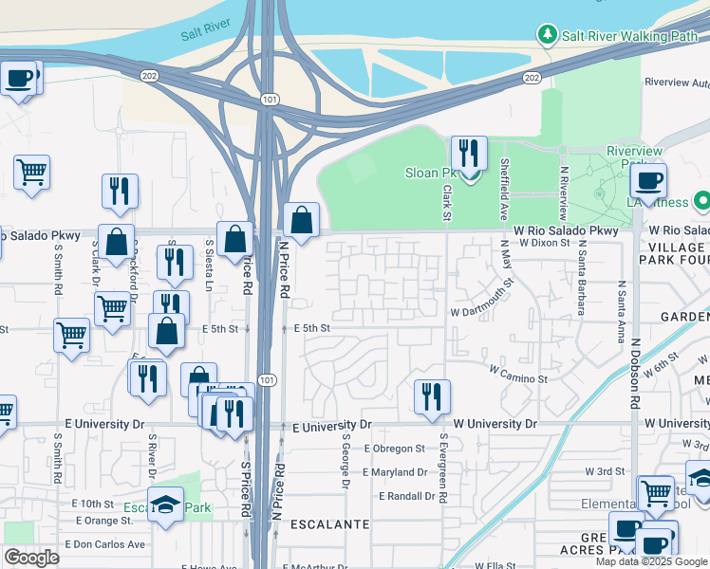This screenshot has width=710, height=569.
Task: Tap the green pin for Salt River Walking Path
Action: [547, 36]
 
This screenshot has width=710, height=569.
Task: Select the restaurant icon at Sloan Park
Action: [469, 154]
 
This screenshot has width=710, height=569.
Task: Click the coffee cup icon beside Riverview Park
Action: [648, 179]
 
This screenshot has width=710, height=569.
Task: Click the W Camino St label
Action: [518, 378]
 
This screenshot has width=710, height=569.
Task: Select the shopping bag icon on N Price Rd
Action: [301, 222]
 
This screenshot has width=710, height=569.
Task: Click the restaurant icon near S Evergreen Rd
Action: [432, 396]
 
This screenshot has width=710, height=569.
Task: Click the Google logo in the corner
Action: [31, 558]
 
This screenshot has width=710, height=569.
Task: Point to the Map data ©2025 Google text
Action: [650, 561]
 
